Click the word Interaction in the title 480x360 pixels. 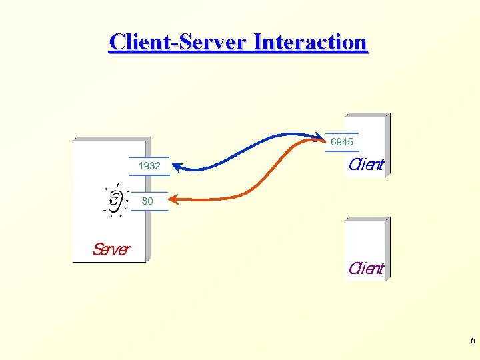tap(310, 42)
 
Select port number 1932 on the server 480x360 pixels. tap(149, 166)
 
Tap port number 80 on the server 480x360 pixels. tap(147, 201)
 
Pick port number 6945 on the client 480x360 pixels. tap(342, 142)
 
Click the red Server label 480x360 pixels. tap(111, 249)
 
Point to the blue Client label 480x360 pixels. tap(366, 165)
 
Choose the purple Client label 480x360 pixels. tap(366, 269)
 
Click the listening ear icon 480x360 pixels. tap(116, 199)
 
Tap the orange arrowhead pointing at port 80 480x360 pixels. tap(173, 198)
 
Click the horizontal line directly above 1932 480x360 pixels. tap(149, 157)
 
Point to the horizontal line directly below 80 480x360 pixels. tap(149, 211)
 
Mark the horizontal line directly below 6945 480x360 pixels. tap(342, 151)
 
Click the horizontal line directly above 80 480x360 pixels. tap(149, 192)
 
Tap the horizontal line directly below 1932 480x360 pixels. tap(149, 175)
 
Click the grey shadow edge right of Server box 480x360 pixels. tap(148, 200)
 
